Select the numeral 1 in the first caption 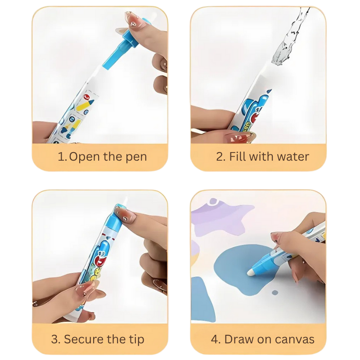61,157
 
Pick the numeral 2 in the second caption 220,157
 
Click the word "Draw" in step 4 238,339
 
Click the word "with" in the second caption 261,157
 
